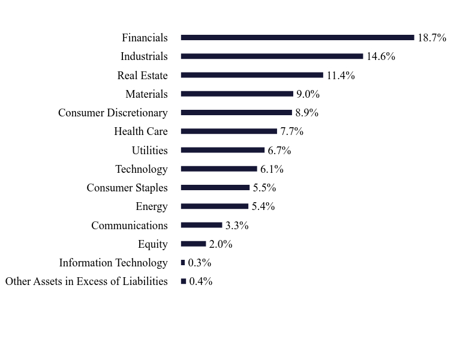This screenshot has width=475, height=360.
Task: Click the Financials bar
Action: click(297, 38)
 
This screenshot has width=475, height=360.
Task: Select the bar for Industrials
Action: click(272, 56)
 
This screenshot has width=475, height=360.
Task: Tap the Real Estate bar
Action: click(252, 75)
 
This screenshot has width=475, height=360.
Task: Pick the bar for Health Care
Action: click(229, 131)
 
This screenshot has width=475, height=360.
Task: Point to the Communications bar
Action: click(202, 226)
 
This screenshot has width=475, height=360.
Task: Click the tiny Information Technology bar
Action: click(183, 263)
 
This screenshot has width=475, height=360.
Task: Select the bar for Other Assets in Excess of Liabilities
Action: click(184, 281)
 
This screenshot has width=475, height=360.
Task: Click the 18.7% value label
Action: click(432, 38)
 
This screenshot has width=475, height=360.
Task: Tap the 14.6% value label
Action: click(380, 56)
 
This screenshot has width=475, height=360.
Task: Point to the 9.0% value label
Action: click(308, 94)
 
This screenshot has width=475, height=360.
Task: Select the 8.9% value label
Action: click(306, 113)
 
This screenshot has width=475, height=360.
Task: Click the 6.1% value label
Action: click(272, 169)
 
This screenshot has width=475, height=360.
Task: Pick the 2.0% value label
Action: click(221, 244)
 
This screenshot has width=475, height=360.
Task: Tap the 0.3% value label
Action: click(200, 263)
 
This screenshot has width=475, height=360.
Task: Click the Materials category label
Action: click(146, 94)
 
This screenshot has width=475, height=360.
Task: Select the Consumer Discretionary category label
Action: click(113, 113)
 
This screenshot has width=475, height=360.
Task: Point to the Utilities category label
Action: click(150, 151)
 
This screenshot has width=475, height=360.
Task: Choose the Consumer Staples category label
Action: click(127, 188)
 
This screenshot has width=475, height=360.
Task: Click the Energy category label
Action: click(152, 206)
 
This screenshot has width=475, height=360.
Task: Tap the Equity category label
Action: click(153, 244)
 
